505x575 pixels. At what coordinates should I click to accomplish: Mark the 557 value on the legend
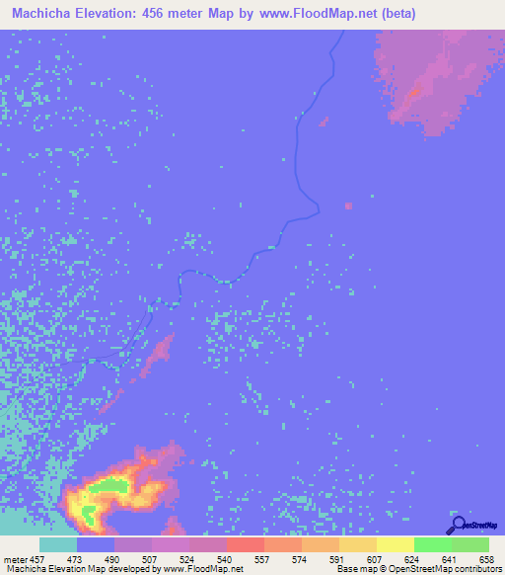(264, 558)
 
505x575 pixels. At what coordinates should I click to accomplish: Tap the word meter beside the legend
(13, 558)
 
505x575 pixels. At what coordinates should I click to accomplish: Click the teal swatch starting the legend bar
(58, 544)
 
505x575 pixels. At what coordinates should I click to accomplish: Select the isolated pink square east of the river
(348, 205)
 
